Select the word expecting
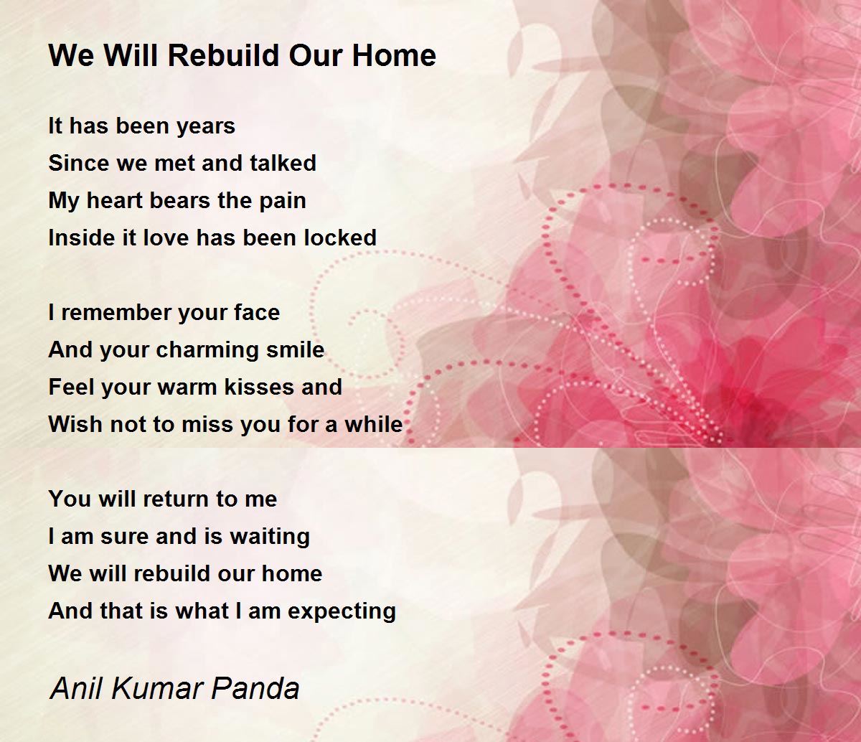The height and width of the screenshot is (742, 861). pyautogui.click(x=342, y=612)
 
